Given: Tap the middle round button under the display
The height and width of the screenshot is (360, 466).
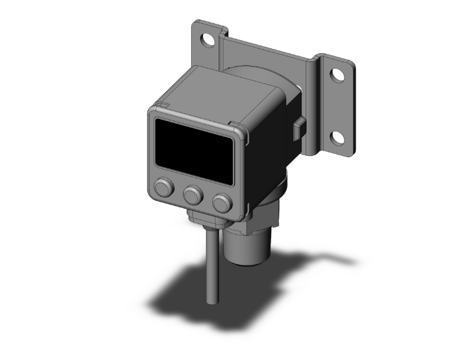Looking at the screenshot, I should coord(192,197).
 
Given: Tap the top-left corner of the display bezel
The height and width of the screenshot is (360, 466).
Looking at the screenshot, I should coord(153,112).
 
